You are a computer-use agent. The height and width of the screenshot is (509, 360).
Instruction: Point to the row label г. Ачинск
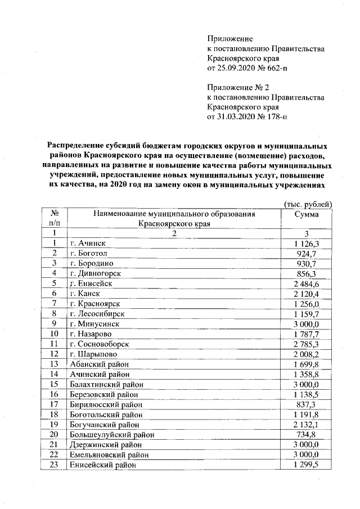coord(87,243)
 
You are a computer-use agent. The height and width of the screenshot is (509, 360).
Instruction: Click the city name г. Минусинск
coord(93,323)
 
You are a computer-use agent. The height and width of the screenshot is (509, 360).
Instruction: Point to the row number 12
coord(55,354)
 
